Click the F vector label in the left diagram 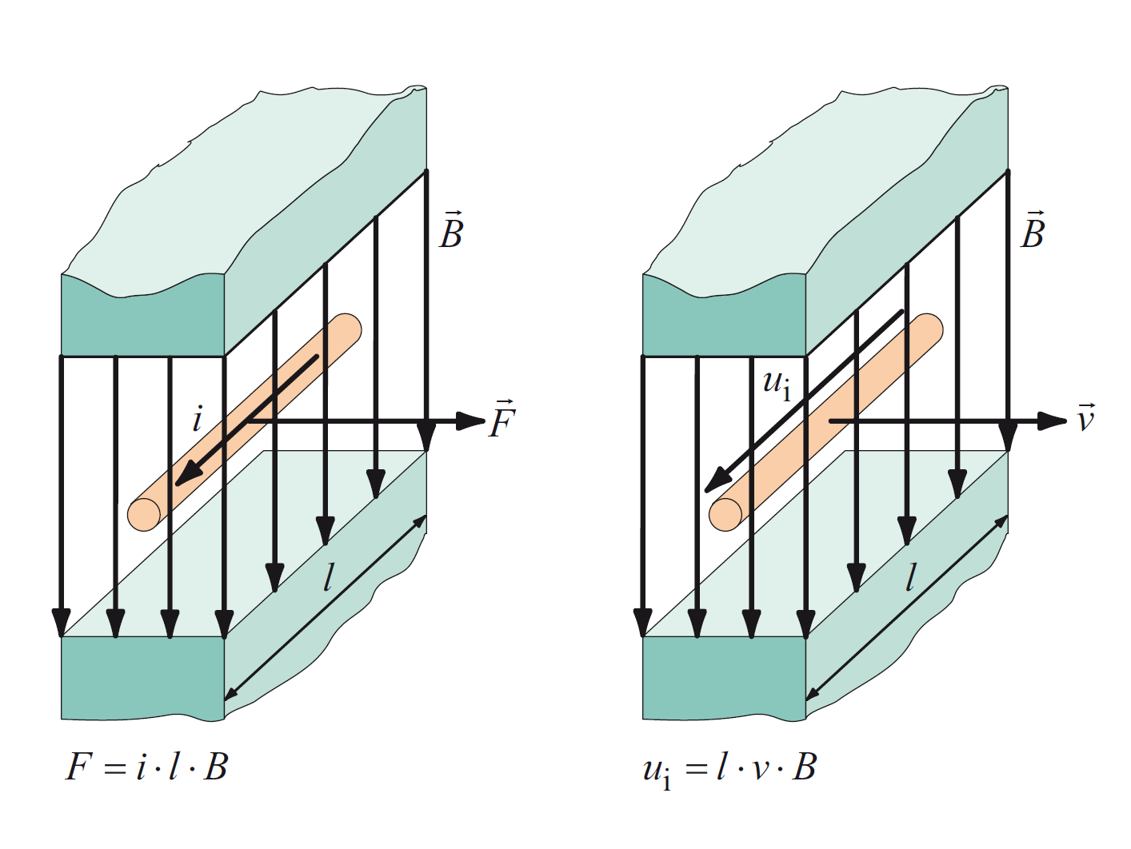click(x=502, y=419)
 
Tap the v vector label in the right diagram click(x=1085, y=417)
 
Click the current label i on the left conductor click(x=198, y=418)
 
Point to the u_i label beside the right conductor click(x=777, y=384)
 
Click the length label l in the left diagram click(x=328, y=576)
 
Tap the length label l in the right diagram click(x=910, y=576)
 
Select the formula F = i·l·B click(x=147, y=767)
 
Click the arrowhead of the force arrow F click(x=471, y=421)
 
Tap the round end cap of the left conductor click(x=144, y=514)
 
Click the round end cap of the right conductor click(x=725, y=514)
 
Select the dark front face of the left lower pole click(x=142, y=678)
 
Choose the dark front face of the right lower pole click(x=724, y=678)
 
